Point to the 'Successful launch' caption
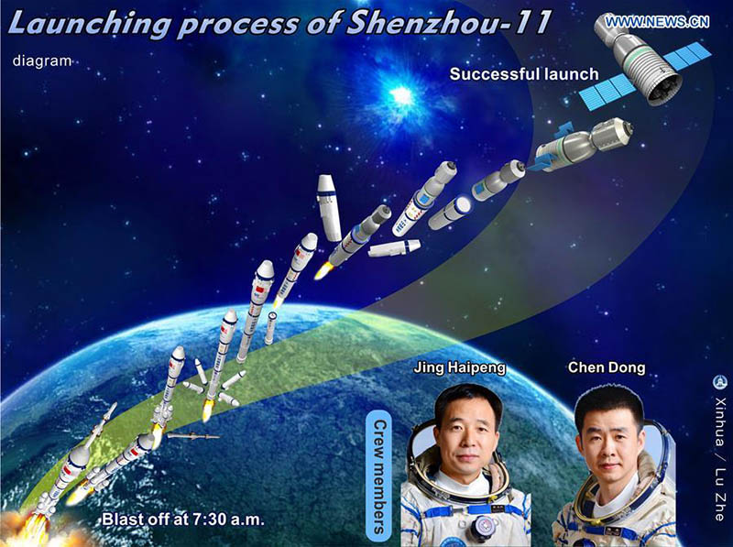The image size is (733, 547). point(524,74)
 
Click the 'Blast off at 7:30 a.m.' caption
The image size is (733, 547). point(183,520)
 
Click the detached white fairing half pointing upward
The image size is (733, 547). point(329,207)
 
